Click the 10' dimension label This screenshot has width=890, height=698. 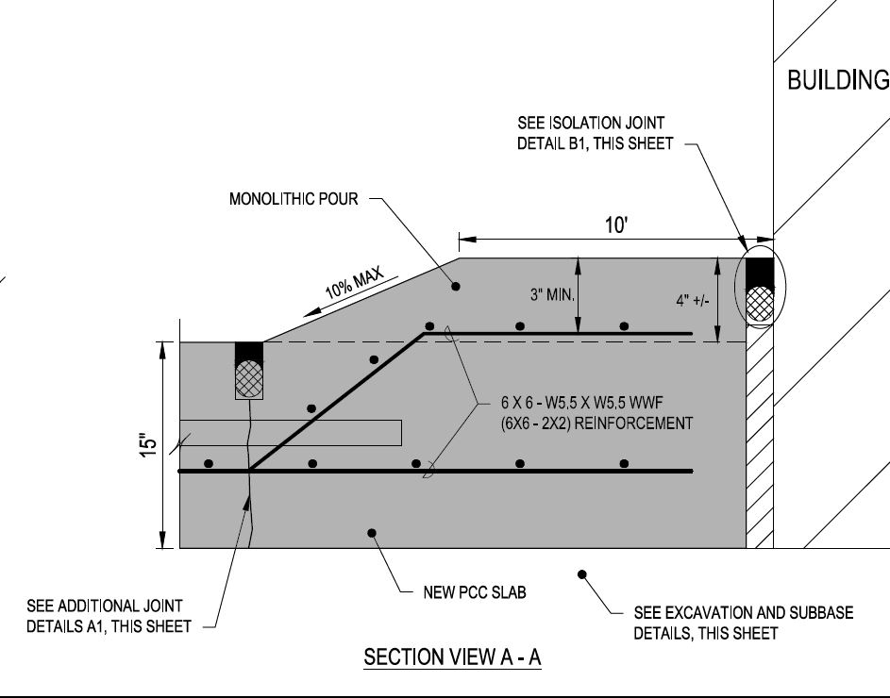616,224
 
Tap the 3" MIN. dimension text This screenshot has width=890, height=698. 552,294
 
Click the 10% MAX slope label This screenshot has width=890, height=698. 357,281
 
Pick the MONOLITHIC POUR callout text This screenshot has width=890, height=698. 294,200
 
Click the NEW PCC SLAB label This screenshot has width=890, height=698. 475,593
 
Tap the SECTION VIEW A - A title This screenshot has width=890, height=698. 452,658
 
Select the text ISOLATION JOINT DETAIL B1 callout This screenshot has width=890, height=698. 592,133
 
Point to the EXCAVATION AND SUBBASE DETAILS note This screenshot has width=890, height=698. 743,623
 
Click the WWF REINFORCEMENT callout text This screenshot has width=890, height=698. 596,412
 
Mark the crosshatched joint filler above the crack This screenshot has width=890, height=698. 249,378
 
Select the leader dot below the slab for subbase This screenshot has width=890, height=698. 582,573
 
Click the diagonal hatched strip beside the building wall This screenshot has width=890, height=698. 760,443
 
